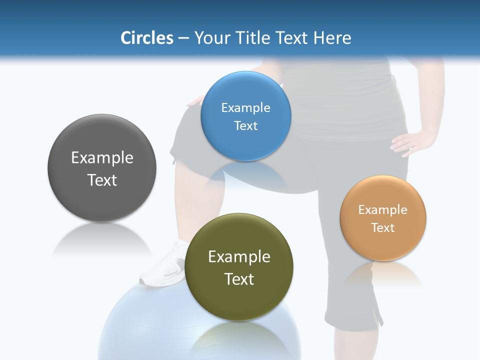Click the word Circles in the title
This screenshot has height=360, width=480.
click(x=146, y=38)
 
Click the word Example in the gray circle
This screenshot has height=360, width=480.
click(x=102, y=158)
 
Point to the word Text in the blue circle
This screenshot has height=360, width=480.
click(x=245, y=126)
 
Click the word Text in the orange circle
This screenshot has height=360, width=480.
click(x=383, y=228)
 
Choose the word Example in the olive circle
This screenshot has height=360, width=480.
click(x=239, y=257)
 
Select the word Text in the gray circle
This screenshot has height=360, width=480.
click(x=102, y=180)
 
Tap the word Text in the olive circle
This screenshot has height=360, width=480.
click(x=239, y=279)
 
